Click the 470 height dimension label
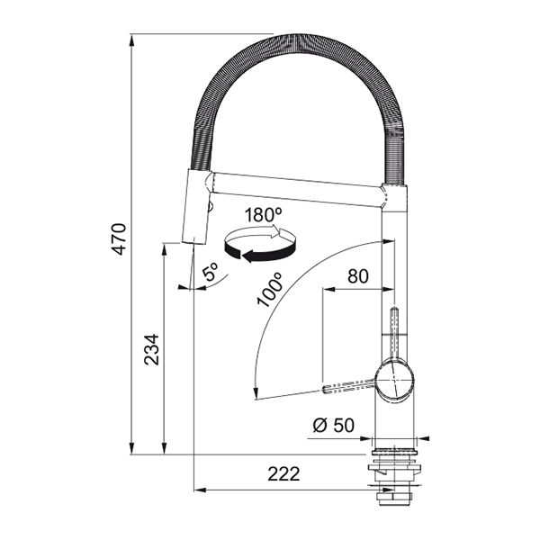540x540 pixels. [120, 239]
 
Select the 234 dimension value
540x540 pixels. [152, 349]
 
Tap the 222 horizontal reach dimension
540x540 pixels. [283, 474]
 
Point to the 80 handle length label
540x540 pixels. [358, 276]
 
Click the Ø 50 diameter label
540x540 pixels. [333, 425]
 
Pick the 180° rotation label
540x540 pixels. [263, 215]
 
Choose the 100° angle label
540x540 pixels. [270, 289]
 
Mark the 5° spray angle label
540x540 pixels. [210, 272]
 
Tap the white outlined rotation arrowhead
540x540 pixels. [278, 231]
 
